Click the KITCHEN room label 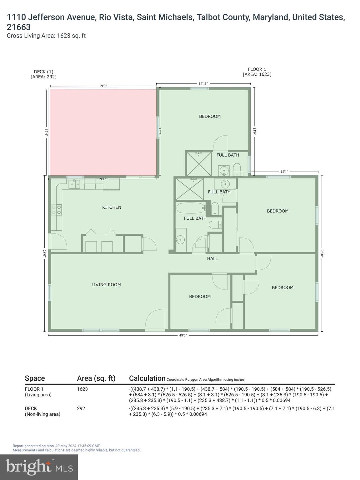(112, 207)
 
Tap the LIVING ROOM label (106, 285)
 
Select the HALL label (212, 258)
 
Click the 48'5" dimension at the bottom (183, 335)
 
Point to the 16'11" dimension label (203, 83)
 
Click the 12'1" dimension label (284, 172)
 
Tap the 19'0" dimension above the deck (103, 86)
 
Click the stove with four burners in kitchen (57, 209)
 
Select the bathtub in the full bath (191, 208)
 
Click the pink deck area (103, 132)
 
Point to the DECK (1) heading (43, 72)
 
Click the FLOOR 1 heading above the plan (257, 69)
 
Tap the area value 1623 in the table (82, 389)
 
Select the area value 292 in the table (81, 408)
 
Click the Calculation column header (147, 378)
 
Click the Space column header (35, 378)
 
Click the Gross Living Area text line (46, 36)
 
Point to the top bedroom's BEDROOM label (210, 116)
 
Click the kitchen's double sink (75, 184)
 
